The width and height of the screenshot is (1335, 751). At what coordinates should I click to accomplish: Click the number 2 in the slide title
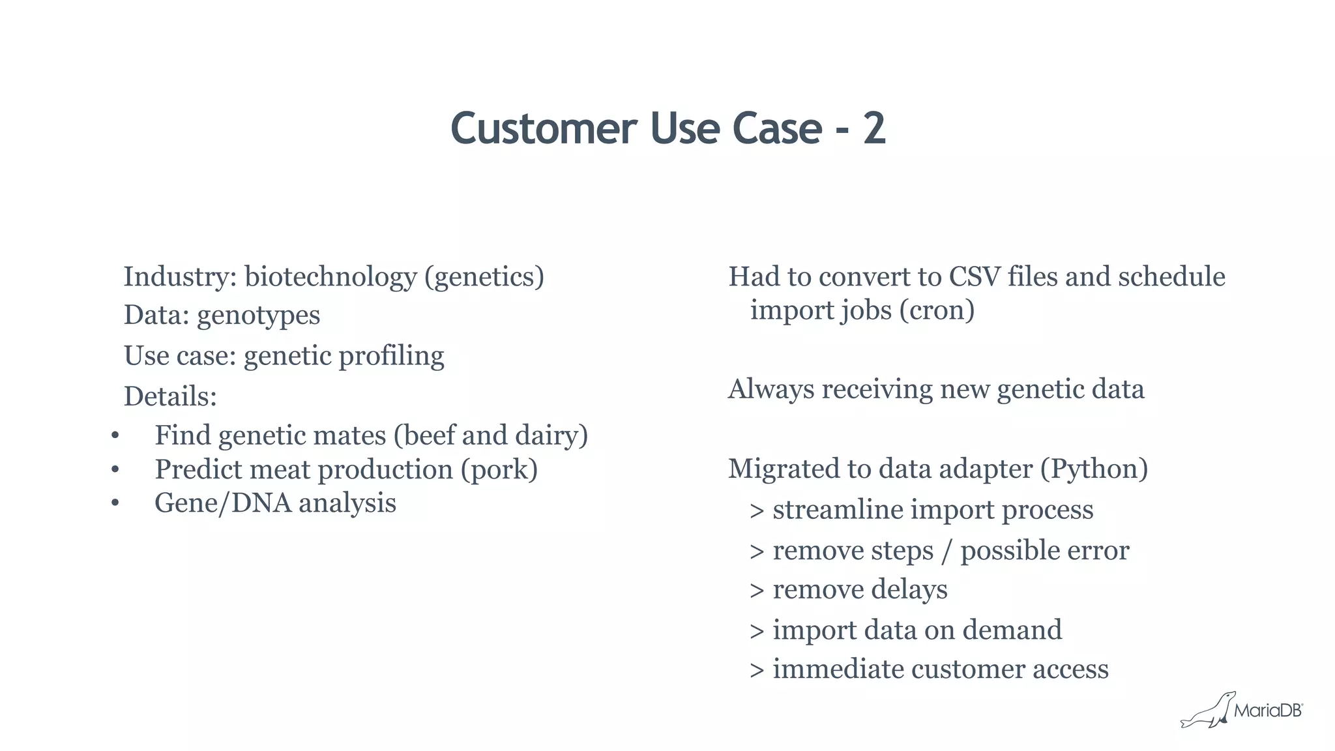coord(874,128)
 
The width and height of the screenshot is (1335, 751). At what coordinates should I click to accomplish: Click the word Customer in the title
coord(543,128)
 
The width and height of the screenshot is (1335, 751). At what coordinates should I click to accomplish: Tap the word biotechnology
coord(330,277)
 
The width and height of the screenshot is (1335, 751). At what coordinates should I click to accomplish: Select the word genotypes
coord(258,316)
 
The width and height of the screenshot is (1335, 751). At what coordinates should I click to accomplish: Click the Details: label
coord(170,396)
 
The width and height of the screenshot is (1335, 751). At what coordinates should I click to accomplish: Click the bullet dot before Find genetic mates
coord(115,436)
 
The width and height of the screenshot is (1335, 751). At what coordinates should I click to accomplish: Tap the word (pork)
coord(499,470)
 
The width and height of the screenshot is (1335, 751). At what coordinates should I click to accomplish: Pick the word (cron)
coord(937,310)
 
